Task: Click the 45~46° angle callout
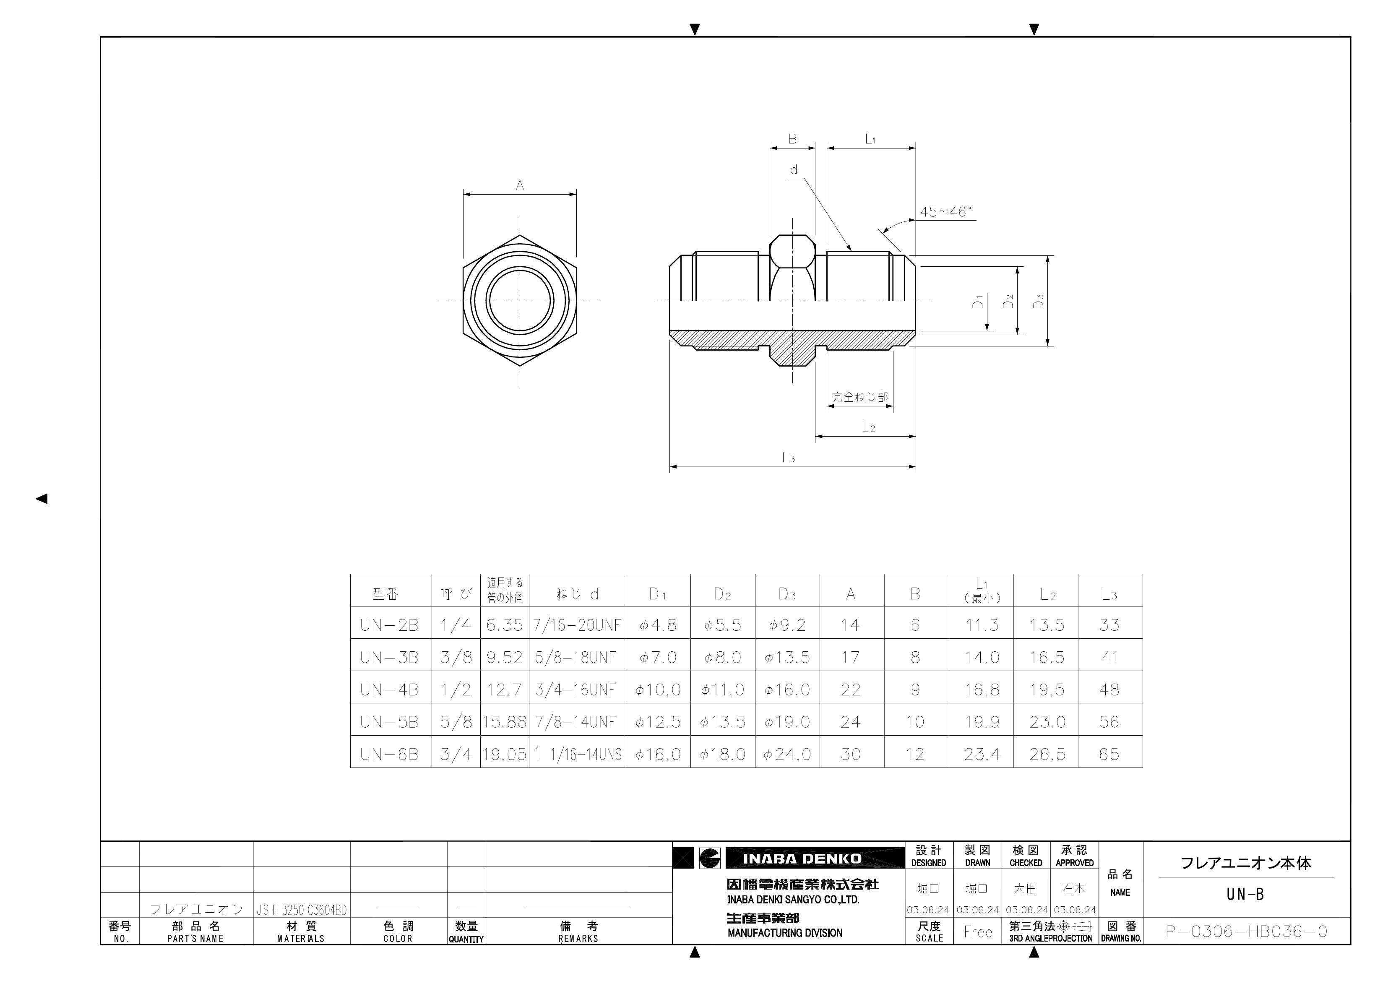point(945,212)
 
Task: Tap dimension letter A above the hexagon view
point(520,186)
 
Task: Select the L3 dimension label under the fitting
point(788,458)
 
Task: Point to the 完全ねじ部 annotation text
point(859,397)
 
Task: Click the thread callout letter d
point(794,170)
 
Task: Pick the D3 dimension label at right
point(1039,301)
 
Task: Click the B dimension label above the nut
point(792,139)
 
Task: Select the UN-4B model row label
point(389,690)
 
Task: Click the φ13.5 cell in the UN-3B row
point(787,658)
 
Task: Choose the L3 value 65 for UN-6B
point(1109,755)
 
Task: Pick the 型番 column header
point(385,594)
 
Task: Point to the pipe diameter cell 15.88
point(504,722)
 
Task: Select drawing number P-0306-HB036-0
point(1247,932)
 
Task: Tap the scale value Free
point(977,932)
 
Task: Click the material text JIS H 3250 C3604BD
point(302,910)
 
